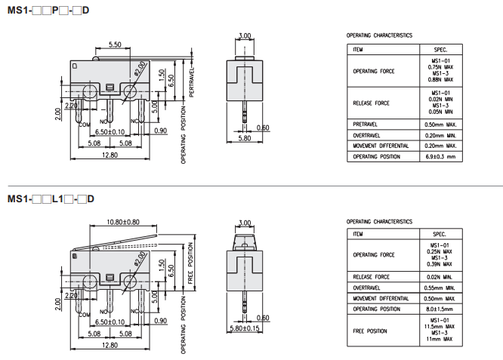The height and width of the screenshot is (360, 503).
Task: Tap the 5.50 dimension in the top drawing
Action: pyautogui.click(x=116, y=46)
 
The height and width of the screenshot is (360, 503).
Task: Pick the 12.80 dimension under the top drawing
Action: pyautogui.click(x=110, y=155)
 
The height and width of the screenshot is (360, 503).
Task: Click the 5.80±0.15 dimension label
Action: pyautogui.click(x=245, y=328)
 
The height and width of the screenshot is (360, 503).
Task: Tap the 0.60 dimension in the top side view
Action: pyautogui.click(x=263, y=128)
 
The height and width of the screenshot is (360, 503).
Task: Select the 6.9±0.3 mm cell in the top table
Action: pyautogui.click(x=440, y=157)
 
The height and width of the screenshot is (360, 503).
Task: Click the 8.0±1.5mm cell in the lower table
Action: pyautogui.click(x=440, y=309)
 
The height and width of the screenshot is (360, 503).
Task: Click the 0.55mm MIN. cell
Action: pyautogui.click(x=440, y=288)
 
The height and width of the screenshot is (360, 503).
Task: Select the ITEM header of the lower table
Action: pyautogui.click(x=359, y=235)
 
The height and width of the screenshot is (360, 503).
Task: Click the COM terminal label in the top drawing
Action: pyautogui.click(x=85, y=124)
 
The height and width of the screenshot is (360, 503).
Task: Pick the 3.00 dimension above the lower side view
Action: pyautogui.click(x=244, y=223)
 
